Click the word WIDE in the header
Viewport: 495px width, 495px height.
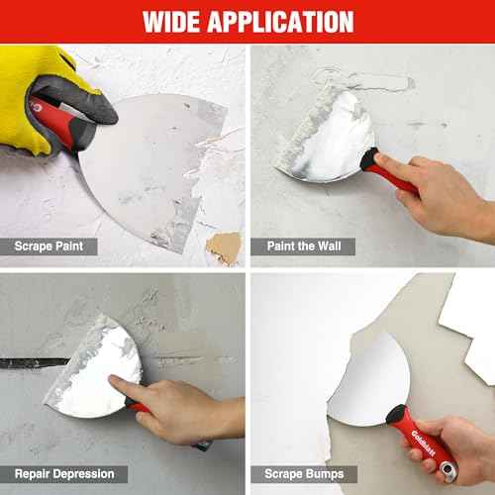[x=181, y=21]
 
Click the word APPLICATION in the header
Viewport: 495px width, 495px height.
[x=287, y=21]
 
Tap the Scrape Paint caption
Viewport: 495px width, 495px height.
[x=56, y=244]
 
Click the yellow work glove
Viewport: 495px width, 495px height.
[x=40, y=94]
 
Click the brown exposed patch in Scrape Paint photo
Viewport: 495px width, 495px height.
[x=223, y=246]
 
